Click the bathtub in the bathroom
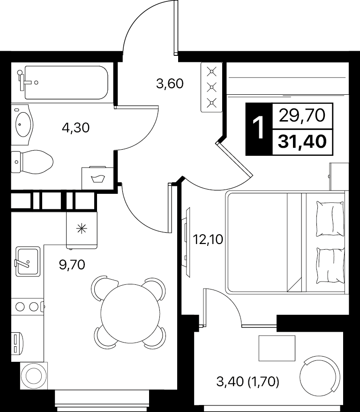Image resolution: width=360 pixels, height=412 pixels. pos(66,83)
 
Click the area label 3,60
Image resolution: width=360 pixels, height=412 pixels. pos(170,84)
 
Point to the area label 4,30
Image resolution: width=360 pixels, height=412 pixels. pos(76,128)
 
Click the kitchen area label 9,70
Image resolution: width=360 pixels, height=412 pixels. pos(72,265)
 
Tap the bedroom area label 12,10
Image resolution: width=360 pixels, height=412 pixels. pos(208,239)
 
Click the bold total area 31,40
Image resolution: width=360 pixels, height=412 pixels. pos(302,142)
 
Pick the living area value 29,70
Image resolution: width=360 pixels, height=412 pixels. pos(302,115)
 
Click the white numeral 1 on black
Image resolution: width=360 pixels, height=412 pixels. pos(259,128)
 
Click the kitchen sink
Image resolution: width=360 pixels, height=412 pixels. pos(28,261)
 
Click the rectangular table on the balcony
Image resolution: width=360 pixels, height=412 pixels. pos(277,348)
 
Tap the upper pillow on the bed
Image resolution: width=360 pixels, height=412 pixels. pos(330,219)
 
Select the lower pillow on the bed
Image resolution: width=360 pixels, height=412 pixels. pos(330,266)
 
